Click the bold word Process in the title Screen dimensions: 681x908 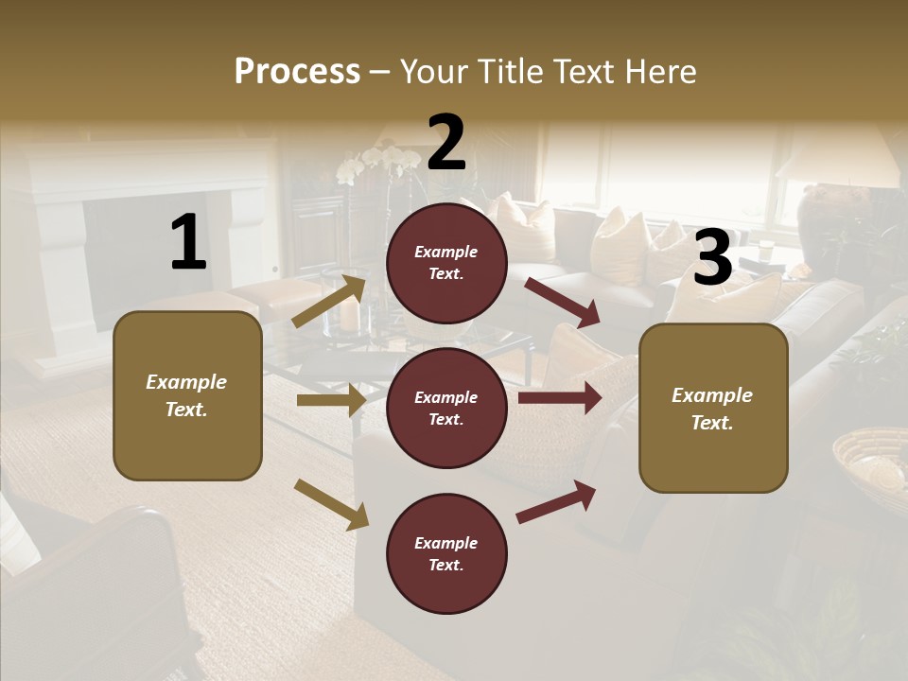[x=297, y=72]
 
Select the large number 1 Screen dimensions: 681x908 [x=188, y=243]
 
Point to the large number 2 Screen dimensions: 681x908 [x=446, y=142]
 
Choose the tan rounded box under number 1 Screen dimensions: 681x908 [x=187, y=395]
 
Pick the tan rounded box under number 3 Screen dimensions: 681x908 [x=713, y=408]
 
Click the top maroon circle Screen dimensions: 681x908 [x=446, y=263]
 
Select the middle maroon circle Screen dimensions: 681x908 [x=446, y=408]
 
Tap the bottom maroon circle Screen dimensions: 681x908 [x=446, y=553]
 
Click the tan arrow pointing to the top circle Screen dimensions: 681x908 [x=330, y=301]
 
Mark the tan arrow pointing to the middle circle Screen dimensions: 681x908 [x=331, y=400]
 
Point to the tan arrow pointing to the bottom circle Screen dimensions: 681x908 [x=332, y=503]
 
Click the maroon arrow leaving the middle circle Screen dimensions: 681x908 [x=560, y=397]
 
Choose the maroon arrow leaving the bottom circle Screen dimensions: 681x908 [x=557, y=502]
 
